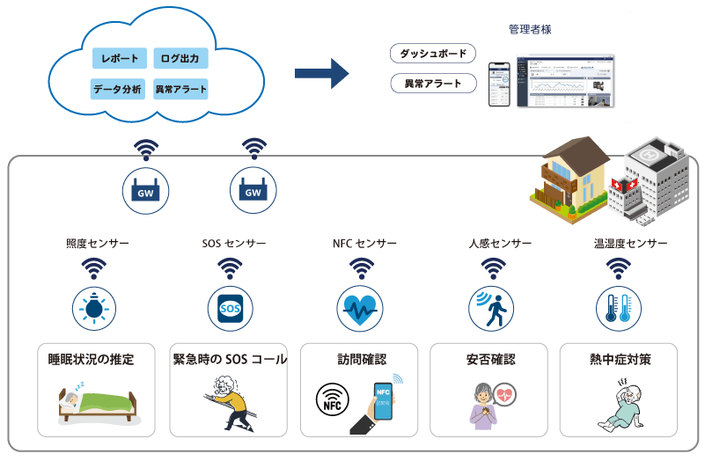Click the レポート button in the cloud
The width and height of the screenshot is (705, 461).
click(x=120, y=59)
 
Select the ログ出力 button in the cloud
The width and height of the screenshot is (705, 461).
click(x=180, y=59)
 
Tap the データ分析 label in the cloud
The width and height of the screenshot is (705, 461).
click(x=117, y=89)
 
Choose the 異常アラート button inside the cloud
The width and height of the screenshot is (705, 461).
click(x=180, y=89)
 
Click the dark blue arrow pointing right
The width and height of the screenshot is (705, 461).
click(x=321, y=73)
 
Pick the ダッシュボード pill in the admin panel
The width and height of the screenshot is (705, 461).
click(x=432, y=55)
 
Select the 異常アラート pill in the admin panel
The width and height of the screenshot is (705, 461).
click(x=432, y=84)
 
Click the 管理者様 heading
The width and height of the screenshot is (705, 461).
click(x=530, y=29)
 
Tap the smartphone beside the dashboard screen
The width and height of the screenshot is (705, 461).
click(x=499, y=83)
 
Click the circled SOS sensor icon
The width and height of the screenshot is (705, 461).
click(x=230, y=309)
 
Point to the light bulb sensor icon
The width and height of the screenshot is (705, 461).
click(x=93, y=309)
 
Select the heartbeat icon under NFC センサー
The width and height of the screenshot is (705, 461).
click(x=359, y=309)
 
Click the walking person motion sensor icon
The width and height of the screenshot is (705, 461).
click(x=490, y=309)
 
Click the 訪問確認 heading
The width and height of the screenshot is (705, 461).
click(x=361, y=360)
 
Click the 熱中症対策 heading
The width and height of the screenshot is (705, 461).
click(x=620, y=360)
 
